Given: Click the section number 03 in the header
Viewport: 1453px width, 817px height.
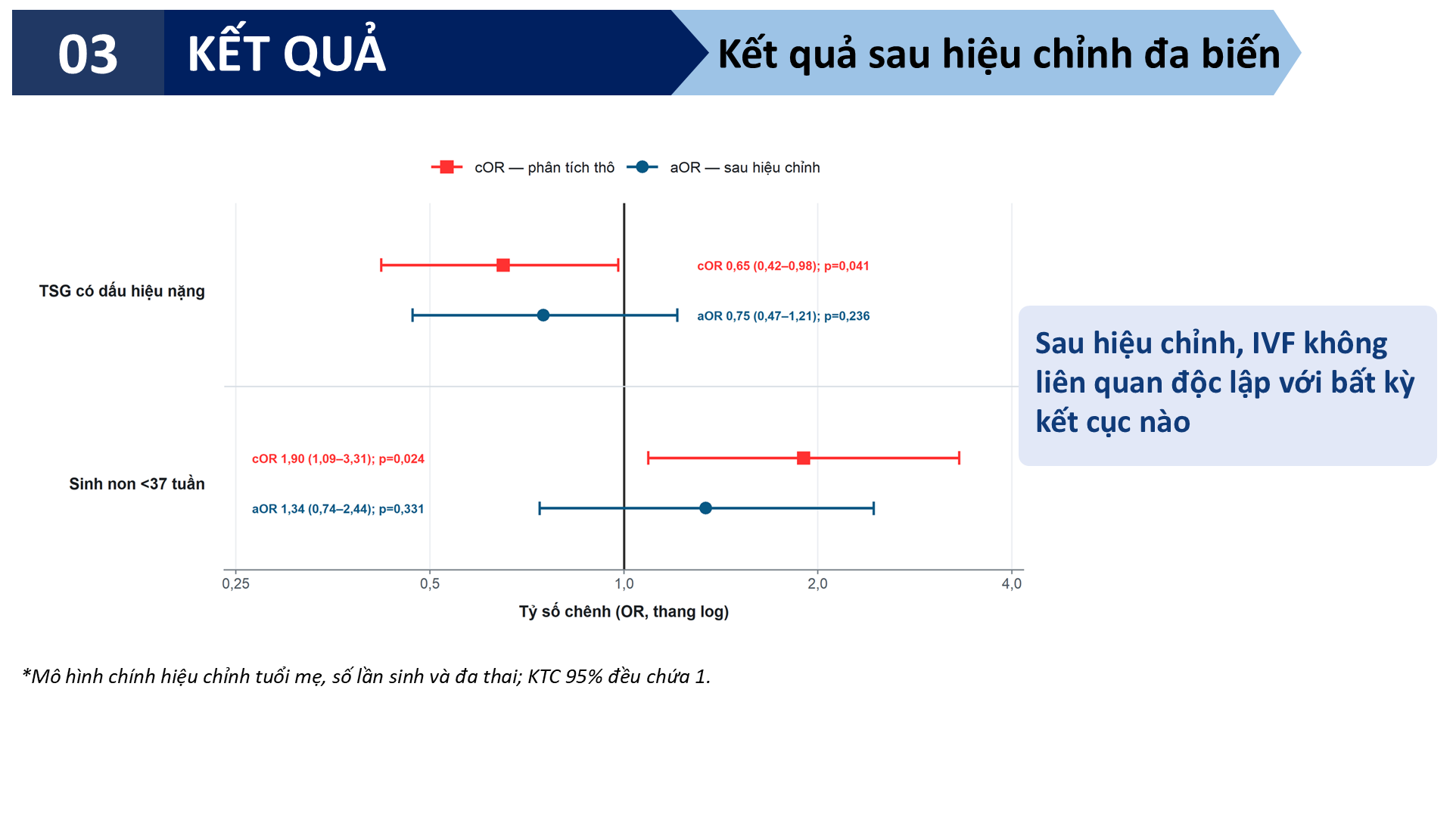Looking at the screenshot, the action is [x=88, y=54].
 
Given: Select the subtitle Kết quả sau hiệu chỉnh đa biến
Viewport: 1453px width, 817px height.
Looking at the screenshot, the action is [x=999, y=54].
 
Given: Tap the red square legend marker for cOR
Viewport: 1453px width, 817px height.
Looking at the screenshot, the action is [x=446, y=167].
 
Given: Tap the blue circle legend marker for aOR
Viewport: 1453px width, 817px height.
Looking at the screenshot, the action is [x=642, y=167].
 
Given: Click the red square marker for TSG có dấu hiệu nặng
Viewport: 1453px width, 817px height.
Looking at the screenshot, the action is [x=503, y=265].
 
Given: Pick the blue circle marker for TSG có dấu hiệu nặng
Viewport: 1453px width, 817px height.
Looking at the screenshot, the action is [x=543, y=315].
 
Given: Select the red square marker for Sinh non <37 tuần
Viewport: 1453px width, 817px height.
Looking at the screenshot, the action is [x=804, y=458].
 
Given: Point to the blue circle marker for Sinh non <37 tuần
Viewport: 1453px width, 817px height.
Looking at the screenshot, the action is [x=705, y=508].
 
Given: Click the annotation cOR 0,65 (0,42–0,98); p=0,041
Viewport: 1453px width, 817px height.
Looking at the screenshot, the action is [x=783, y=266].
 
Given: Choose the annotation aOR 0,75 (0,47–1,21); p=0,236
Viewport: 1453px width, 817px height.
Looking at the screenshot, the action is [x=783, y=316].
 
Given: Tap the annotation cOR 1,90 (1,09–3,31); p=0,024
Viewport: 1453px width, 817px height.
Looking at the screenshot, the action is [x=338, y=459].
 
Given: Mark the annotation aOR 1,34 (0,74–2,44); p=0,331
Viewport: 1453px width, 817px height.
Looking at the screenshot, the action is [x=338, y=509].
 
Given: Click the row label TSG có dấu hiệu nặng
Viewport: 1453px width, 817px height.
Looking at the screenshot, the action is [x=122, y=291].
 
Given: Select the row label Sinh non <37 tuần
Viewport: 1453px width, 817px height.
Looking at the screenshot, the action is [x=137, y=484].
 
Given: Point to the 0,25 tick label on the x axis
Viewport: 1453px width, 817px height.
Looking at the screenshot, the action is [x=235, y=584].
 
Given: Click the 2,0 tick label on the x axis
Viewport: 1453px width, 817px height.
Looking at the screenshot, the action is [x=817, y=584].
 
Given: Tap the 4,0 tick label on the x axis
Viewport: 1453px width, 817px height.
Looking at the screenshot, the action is [x=1012, y=584].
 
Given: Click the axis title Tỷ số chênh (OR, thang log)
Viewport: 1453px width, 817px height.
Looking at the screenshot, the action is [x=624, y=612].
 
